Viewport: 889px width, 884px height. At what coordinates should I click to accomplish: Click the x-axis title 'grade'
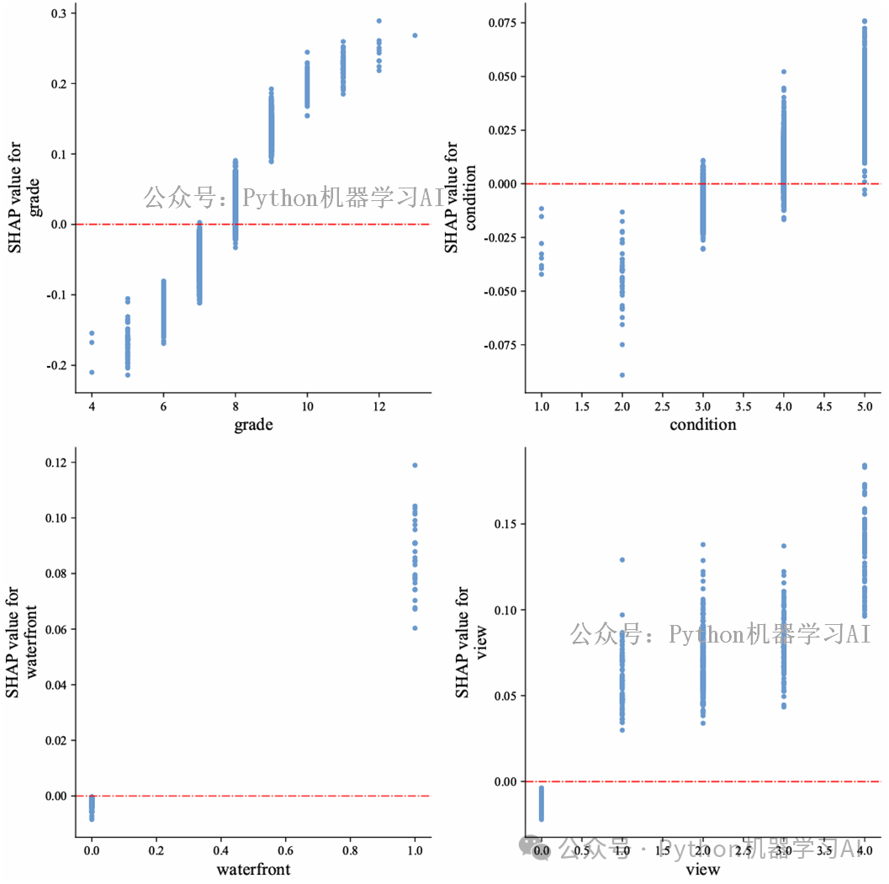pyautogui.click(x=253, y=425)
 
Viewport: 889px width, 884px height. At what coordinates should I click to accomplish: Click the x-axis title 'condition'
pyautogui.click(x=702, y=425)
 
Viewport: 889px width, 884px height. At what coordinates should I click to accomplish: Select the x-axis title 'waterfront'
pyautogui.click(x=253, y=869)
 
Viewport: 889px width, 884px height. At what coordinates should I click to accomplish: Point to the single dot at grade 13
pyautogui.click(x=415, y=35)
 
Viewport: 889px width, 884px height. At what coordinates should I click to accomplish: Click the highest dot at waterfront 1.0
pyautogui.click(x=415, y=465)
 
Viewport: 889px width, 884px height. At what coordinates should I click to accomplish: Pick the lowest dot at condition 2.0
pyautogui.click(x=622, y=375)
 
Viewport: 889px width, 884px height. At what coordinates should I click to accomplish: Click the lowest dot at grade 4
pyautogui.click(x=92, y=372)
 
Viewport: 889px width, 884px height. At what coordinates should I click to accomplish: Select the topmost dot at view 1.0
pyautogui.click(x=622, y=559)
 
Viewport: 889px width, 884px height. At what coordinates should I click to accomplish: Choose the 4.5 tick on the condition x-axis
pyautogui.click(x=824, y=406)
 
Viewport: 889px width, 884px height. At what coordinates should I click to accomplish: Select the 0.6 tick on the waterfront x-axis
pyautogui.click(x=285, y=851)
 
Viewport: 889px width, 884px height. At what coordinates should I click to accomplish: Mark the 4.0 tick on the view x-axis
pyautogui.click(x=865, y=851)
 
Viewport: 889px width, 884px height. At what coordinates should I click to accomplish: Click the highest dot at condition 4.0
pyautogui.click(x=784, y=72)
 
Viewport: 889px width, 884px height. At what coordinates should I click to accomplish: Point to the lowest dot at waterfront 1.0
pyautogui.click(x=415, y=628)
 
